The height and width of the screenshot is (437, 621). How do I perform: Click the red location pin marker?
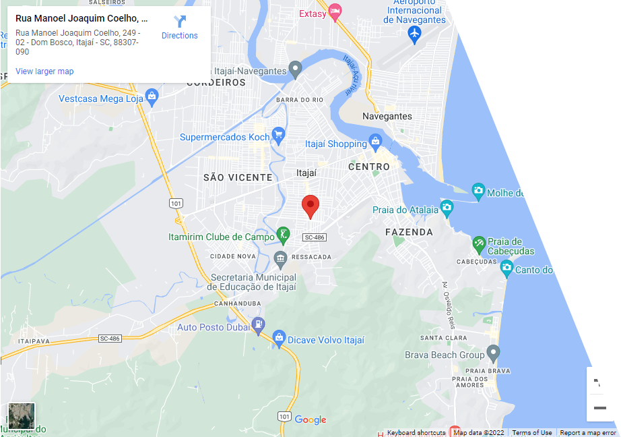click(x=309, y=205)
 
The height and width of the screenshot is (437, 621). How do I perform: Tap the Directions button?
click(x=180, y=28)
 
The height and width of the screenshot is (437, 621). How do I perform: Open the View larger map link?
click(x=44, y=71)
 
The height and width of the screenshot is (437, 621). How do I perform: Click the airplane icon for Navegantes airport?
click(x=414, y=32)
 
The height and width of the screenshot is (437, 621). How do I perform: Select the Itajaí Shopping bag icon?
click(x=376, y=143)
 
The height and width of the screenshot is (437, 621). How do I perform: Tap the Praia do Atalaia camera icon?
click(x=447, y=207)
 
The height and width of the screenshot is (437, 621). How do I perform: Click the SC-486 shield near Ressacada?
click(x=315, y=237)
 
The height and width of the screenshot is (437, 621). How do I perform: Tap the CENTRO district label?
click(x=369, y=167)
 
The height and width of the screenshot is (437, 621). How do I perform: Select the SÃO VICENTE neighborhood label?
click(x=238, y=177)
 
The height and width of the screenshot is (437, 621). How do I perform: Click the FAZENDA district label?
click(x=409, y=232)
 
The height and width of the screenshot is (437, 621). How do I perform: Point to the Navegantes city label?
click(x=387, y=116)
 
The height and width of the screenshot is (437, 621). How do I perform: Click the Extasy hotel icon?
click(x=335, y=12)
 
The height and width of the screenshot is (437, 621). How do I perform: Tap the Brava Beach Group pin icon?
click(x=493, y=353)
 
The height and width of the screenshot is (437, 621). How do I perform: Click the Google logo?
click(x=310, y=420)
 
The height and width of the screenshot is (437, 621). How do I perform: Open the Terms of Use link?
click(x=531, y=433)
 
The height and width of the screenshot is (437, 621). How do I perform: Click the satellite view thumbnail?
click(x=22, y=416)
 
